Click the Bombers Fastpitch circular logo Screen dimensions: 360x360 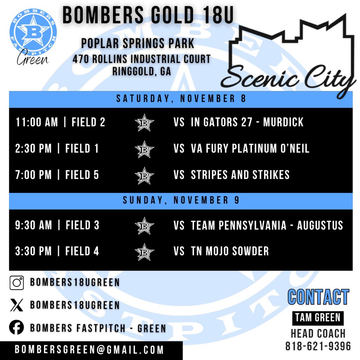coord(33,31)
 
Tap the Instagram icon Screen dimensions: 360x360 coord(17,282)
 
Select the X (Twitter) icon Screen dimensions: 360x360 coord(17,305)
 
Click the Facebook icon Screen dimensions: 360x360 coord(17,328)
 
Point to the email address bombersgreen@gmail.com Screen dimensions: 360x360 coord(89,350)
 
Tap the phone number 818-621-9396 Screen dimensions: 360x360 coord(318,346)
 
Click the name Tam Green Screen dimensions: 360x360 coord(317,318)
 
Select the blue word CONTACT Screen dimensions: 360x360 coord(318,297)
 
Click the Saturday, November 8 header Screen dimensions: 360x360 coord(181,99)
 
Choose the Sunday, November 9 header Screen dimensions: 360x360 coord(181,200)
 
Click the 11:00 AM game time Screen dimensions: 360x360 coord(37,122)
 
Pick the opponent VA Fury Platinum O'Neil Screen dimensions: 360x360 coord(250,148)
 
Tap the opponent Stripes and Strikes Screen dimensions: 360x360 coord(240,174)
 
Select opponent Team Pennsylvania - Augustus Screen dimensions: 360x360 coord(266,225)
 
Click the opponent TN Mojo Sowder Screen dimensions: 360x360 coord(230,251)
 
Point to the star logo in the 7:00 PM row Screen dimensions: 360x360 coord(144,175)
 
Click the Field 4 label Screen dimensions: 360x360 coord(82,251)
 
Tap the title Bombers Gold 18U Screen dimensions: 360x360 coord(148,16)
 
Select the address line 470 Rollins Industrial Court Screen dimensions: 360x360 coord(141,59)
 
